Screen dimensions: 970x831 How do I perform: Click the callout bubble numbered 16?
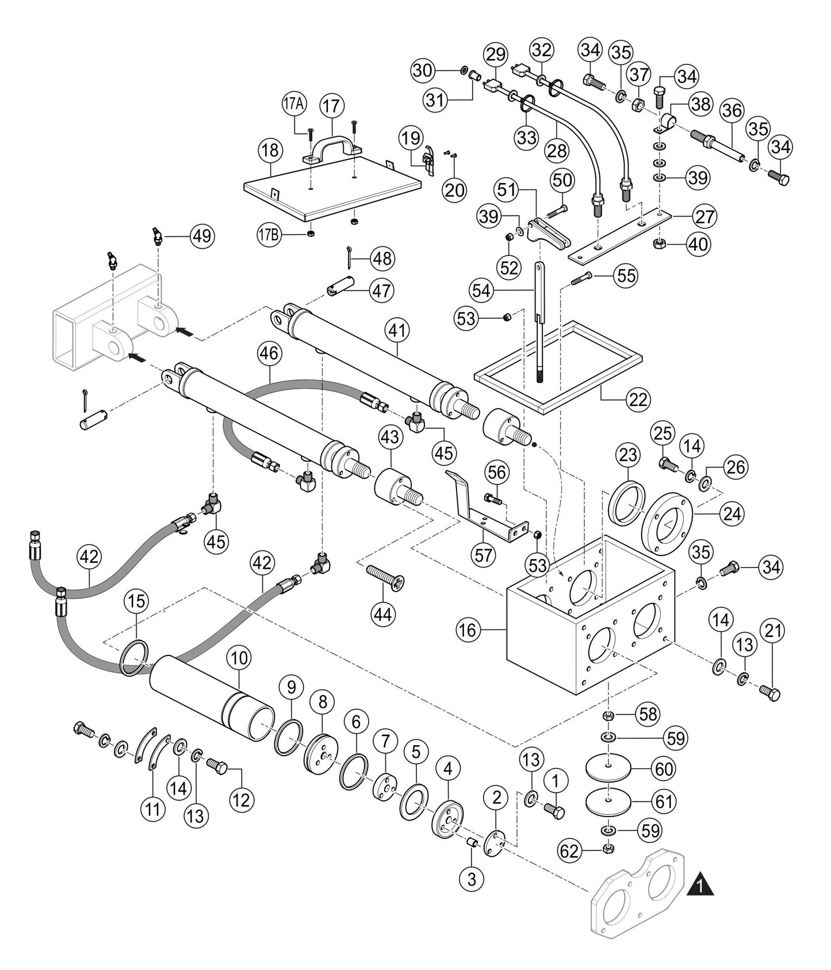coord(468,630)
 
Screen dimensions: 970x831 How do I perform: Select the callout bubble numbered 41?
coord(398,330)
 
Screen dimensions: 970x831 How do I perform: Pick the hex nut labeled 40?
coord(660,244)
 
